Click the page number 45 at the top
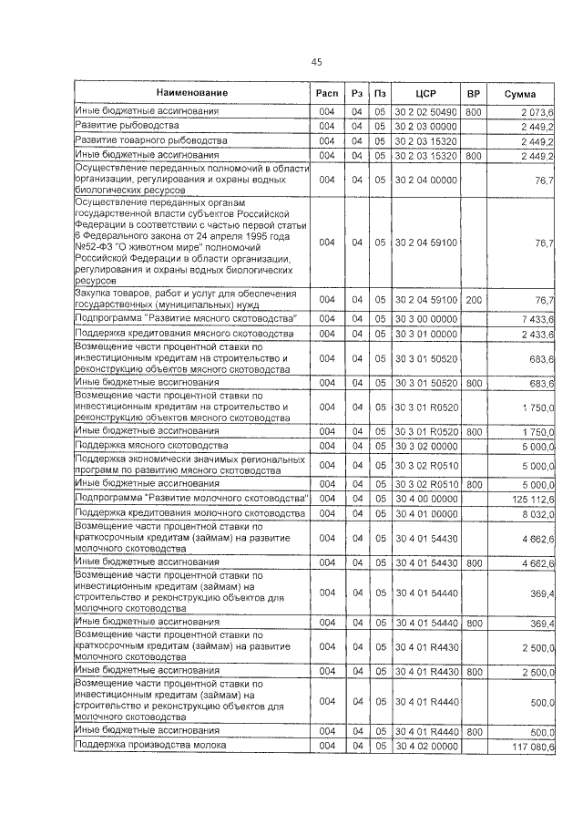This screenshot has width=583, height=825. pyautogui.click(x=316, y=62)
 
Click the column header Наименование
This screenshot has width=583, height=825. pyautogui.click(x=191, y=93)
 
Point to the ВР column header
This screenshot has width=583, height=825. pyautogui.click(x=473, y=94)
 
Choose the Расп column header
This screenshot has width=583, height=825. pyautogui.click(x=326, y=94)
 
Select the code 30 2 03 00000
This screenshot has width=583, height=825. pyautogui.click(x=425, y=126)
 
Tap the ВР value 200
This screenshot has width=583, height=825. pyautogui.click(x=473, y=300)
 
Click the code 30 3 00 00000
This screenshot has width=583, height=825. pyautogui.click(x=425, y=319)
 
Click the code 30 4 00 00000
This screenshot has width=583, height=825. pyautogui.click(x=425, y=499)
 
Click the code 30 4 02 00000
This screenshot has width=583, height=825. pyautogui.click(x=425, y=746)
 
